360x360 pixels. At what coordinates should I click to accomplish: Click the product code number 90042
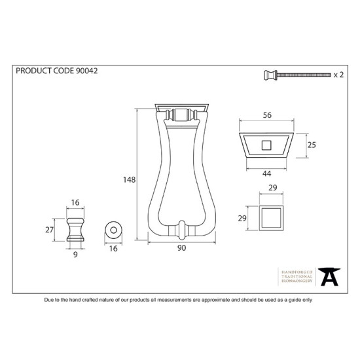point(86,71)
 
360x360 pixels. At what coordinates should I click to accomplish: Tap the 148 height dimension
point(129,179)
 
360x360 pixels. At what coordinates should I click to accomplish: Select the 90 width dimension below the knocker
point(181,248)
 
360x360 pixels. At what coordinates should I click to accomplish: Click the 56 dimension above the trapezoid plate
point(267,115)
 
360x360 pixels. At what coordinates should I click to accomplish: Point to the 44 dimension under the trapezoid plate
point(266,173)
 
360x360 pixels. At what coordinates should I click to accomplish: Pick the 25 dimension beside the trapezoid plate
point(312,145)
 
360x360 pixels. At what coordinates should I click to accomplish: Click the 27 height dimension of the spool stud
point(49,230)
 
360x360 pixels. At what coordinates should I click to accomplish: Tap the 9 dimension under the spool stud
point(75,255)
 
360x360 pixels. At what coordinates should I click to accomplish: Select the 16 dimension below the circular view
point(113,249)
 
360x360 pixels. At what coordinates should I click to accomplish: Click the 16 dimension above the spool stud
point(75,202)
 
